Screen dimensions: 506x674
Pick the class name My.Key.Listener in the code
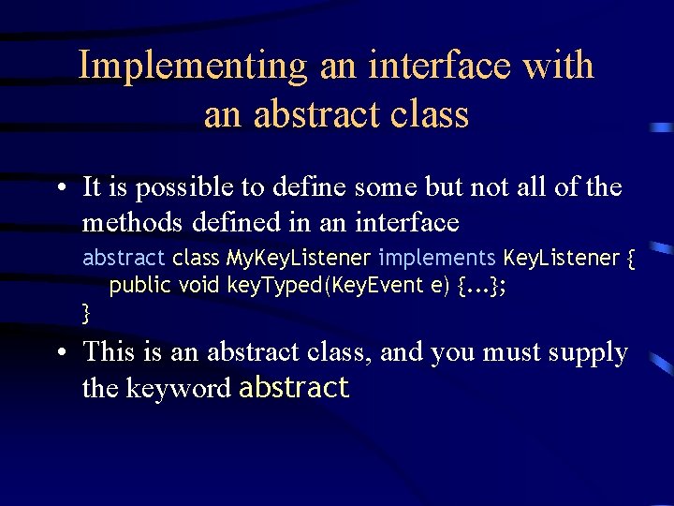click(300, 258)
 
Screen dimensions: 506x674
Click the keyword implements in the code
click(438, 258)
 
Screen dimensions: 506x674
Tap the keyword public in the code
click(140, 286)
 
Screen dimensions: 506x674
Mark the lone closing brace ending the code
click(87, 313)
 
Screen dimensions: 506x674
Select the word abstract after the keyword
click(294, 388)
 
